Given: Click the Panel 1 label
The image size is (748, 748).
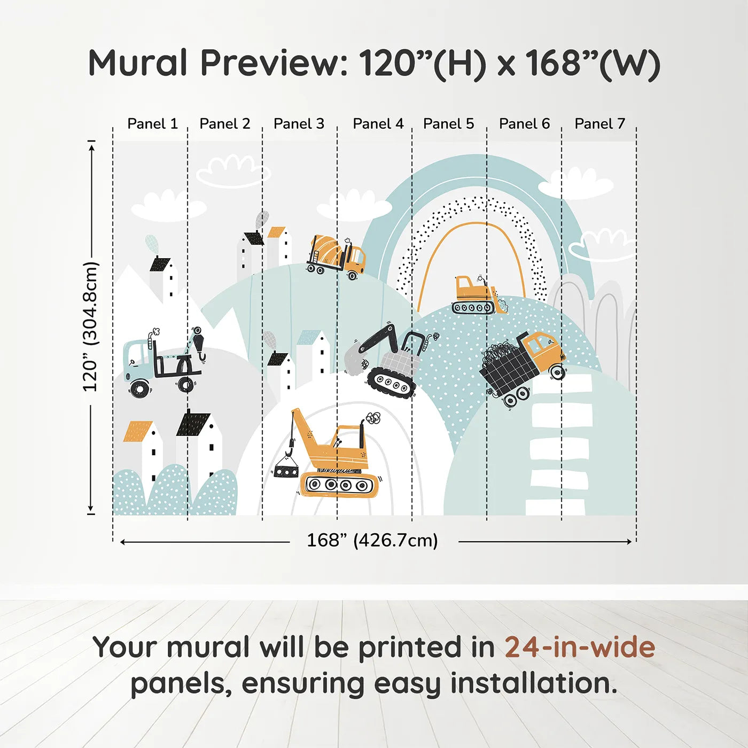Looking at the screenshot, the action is tap(153, 124).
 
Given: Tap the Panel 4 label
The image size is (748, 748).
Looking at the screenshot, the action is tap(378, 124).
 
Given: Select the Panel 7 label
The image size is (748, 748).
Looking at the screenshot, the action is tap(599, 124).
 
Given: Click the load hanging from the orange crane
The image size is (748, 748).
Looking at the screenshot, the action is tap(286, 471).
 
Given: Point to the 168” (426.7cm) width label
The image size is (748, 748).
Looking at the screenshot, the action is tap(372, 540).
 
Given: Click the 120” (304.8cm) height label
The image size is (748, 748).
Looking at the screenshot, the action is tap(90, 326).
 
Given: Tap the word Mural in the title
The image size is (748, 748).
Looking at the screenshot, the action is tap(138, 63).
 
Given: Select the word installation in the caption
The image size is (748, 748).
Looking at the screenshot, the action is tap(533, 683).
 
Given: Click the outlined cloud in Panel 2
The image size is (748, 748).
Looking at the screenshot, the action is tap(233, 171).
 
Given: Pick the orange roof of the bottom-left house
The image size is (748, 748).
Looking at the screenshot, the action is tap(138, 431).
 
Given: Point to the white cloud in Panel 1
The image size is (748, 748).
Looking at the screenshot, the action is tap(168, 206).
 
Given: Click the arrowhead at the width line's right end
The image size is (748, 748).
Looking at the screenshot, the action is tap(629, 542).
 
